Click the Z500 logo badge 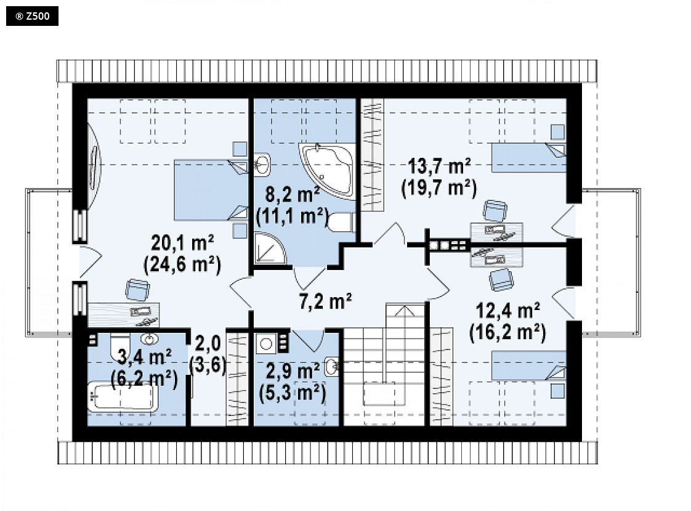point(32,16)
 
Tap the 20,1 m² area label point(182,242)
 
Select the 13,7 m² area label point(439,166)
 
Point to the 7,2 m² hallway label point(325,301)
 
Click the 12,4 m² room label point(507,311)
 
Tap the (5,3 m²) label point(293,393)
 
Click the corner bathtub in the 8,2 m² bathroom point(328,170)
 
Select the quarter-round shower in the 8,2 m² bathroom point(270,249)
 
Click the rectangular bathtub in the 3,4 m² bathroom point(123,397)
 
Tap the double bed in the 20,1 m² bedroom point(211,190)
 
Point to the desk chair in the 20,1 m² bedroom point(137,290)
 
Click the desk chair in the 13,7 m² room point(495,211)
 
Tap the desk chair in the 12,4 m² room point(501,279)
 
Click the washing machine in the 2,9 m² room point(265,343)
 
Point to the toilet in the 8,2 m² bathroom point(341,222)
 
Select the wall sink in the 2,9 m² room point(332,366)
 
